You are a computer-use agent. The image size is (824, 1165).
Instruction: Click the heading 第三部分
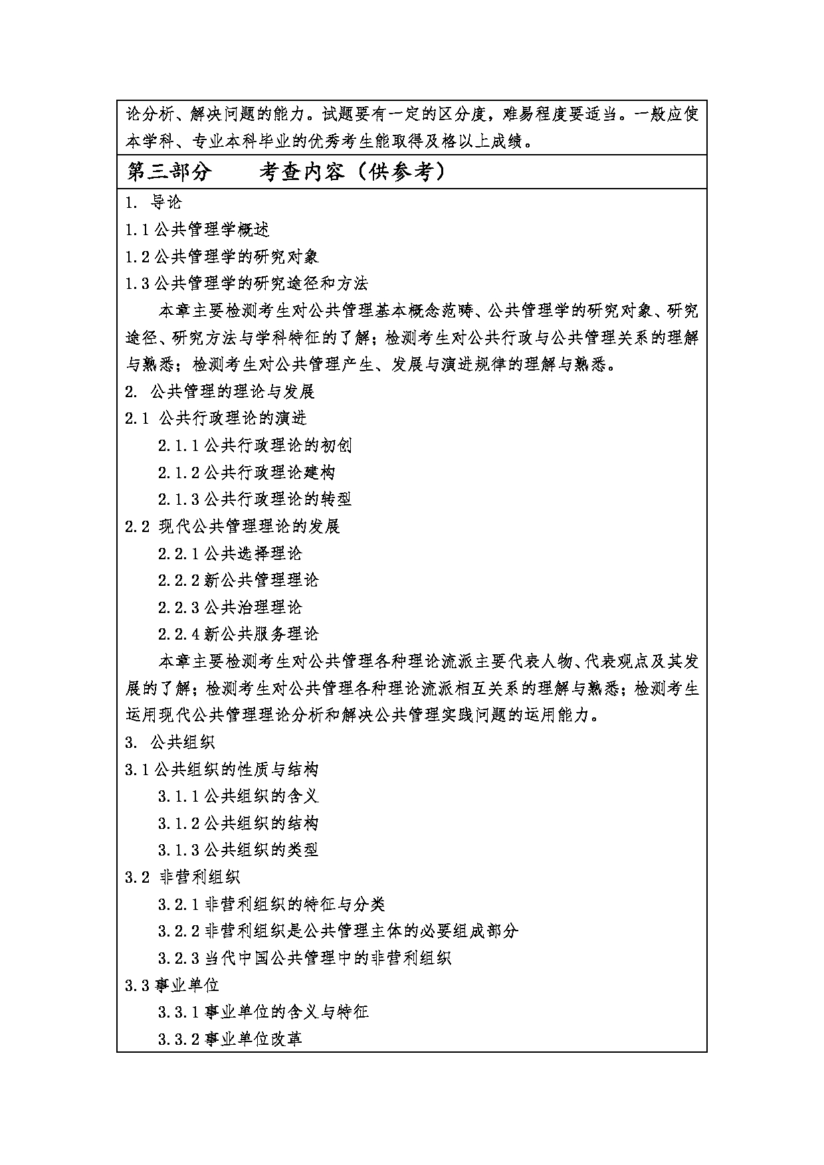coord(169,172)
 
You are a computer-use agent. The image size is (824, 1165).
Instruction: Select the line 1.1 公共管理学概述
coord(197,230)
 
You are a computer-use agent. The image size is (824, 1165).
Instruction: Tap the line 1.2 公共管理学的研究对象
coord(222,257)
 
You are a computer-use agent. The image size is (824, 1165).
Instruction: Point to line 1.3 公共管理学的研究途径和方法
coord(247,284)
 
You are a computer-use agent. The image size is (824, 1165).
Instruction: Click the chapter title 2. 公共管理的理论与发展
coord(219,392)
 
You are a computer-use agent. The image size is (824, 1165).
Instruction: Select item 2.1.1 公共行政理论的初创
coord(255,446)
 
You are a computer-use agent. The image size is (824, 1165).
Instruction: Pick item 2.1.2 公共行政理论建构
coord(247,472)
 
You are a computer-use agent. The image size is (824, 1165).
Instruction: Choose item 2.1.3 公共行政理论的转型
coord(255,499)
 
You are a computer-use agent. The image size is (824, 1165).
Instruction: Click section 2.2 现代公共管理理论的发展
coord(233,527)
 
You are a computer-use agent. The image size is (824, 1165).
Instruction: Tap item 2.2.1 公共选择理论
coord(230,553)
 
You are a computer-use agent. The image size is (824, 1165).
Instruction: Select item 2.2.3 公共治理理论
coord(230,607)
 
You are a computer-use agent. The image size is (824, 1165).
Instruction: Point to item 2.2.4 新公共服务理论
coord(238,634)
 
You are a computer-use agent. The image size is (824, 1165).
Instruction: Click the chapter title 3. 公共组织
coord(170,742)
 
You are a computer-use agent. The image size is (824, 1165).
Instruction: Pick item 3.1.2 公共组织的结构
coord(238,824)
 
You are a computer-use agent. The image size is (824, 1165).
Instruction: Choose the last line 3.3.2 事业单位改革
coord(230,1039)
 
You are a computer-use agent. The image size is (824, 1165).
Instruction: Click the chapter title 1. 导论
coord(154,203)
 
